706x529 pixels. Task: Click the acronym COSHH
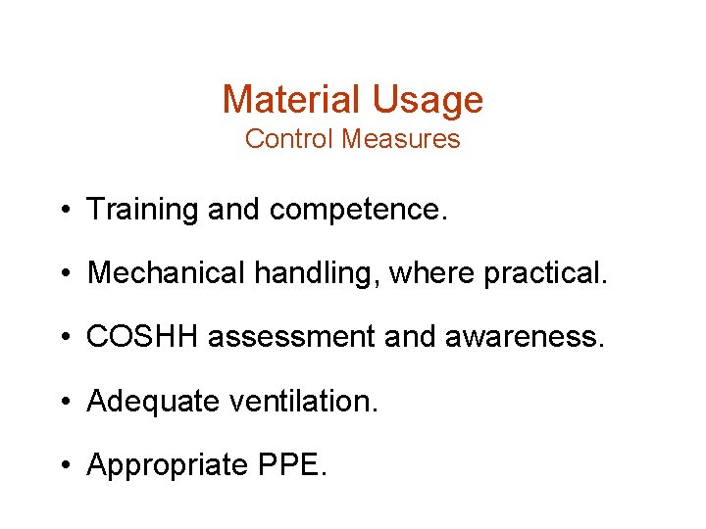[x=142, y=337]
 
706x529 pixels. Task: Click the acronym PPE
[x=292, y=464]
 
